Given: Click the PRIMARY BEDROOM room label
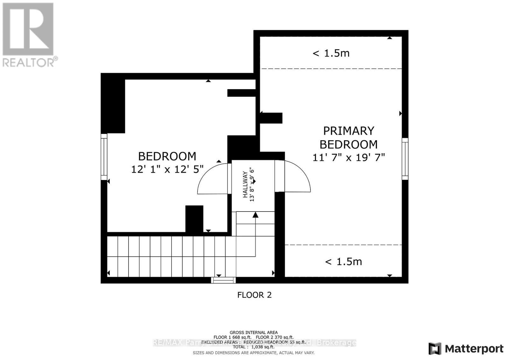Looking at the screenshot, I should pyautogui.click(x=348, y=137).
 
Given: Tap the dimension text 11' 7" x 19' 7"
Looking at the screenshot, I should pyautogui.click(x=349, y=157).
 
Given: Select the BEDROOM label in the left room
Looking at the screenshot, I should pyautogui.click(x=167, y=156).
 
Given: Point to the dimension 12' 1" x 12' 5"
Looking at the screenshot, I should pyautogui.click(x=167, y=169).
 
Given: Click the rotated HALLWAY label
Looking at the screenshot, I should pyautogui.click(x=245, y=184).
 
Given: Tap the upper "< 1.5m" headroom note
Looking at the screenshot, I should pyautogui.click(x=331, y=53).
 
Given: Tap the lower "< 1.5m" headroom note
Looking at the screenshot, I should pyautogui.click(x=343, y=262).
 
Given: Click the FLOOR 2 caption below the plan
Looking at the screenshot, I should pyautogui.click(x=254, y=295).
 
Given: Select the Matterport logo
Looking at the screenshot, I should pyautogui.click(x=466, y=349).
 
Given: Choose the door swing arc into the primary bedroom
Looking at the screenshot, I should pyautogui.click(x=296, y=177).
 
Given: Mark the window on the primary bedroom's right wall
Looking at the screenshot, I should pyautogui.click(x=405, y=159).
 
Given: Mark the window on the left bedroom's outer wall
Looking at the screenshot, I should pyautogui.click(x=104, y=157).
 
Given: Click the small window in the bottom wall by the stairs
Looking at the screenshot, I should pyautogui.click(x=223, y=280).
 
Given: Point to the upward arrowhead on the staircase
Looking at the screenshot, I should pyautogui.click(x=255, y=215).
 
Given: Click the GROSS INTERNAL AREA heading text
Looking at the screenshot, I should pyautogui.click(x=254, y=332).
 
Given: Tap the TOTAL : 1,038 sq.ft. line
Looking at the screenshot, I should pyautogui.click(x=254, y=347).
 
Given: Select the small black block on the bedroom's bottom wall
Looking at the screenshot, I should pyautogui.click(x=194, y=219).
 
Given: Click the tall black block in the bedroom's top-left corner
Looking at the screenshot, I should pyautogui.click(x=113, y=105).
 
